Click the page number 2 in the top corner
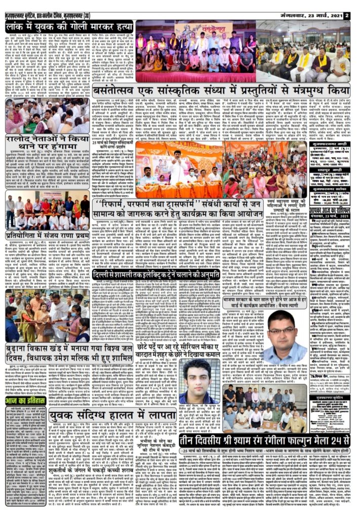tap(347, 15)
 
